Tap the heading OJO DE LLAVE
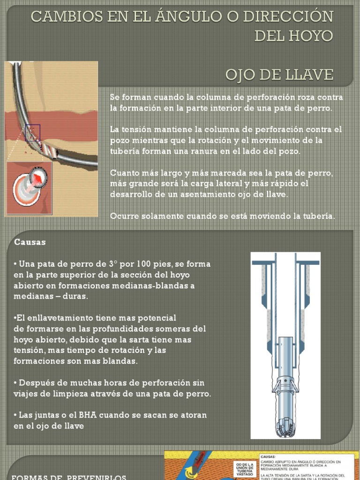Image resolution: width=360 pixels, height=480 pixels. [x=279, y=74]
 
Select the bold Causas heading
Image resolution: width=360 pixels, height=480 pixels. [x=30, y=242]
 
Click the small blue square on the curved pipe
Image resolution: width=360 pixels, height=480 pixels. [x=33, y=133]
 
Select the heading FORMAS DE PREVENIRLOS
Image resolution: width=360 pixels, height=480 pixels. [x=68, y=477]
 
